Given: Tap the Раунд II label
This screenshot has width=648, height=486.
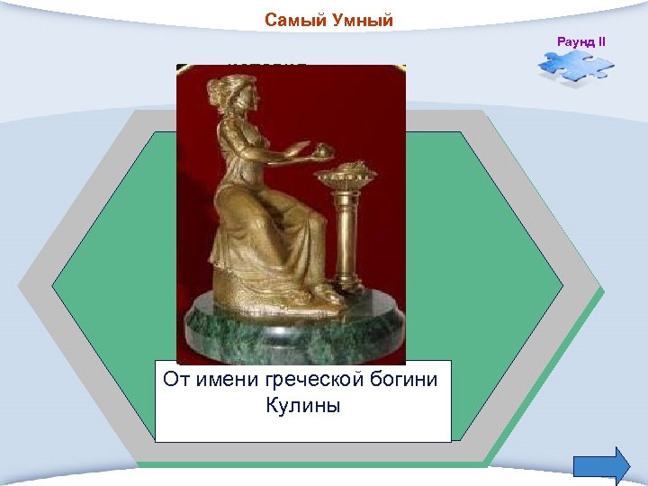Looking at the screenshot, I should pos(582,42).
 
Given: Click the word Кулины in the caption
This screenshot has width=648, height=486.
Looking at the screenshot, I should pos(303,406).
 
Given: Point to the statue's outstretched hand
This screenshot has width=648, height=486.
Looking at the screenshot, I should pos(307,149).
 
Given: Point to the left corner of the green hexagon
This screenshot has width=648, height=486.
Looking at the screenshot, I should pos(54,286).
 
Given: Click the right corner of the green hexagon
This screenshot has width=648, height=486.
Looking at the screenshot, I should pos(562,286).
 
